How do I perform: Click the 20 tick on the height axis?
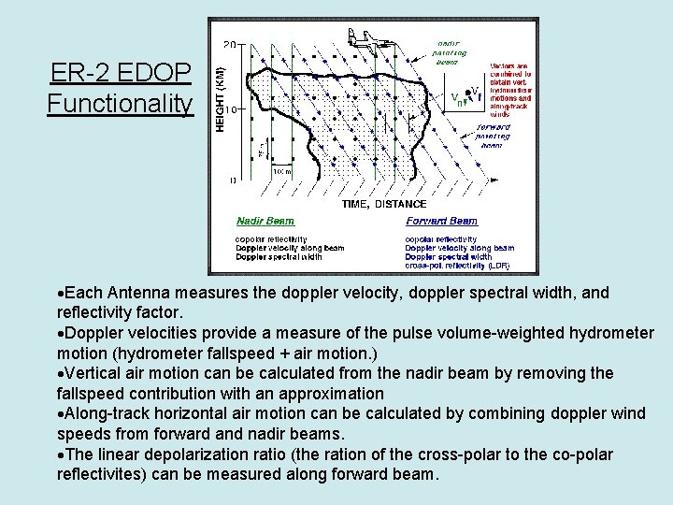[228, 45]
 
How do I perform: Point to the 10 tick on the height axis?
[228, 109]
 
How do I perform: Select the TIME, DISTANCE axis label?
[384, 204]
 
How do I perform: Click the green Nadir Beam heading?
[265, 222]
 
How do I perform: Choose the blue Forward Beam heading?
[441, 222]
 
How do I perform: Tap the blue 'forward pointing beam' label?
[492, 136]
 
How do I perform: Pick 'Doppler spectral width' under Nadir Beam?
[279, 256]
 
